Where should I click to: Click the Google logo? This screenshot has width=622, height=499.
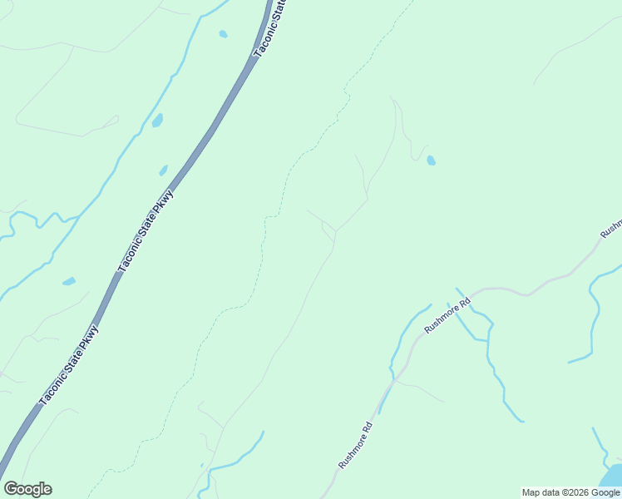click(27, 489)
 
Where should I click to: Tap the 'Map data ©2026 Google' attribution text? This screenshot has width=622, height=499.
click(571, 492)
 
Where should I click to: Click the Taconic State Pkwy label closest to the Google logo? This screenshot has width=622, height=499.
click(69, 363)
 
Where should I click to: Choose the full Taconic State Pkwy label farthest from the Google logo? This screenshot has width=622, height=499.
click(145, 230)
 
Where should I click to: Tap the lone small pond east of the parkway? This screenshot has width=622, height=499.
click(430, 161)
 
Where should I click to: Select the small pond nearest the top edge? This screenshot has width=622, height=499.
click(222, 34)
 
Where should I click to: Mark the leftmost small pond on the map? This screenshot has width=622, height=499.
click(69, 281)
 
